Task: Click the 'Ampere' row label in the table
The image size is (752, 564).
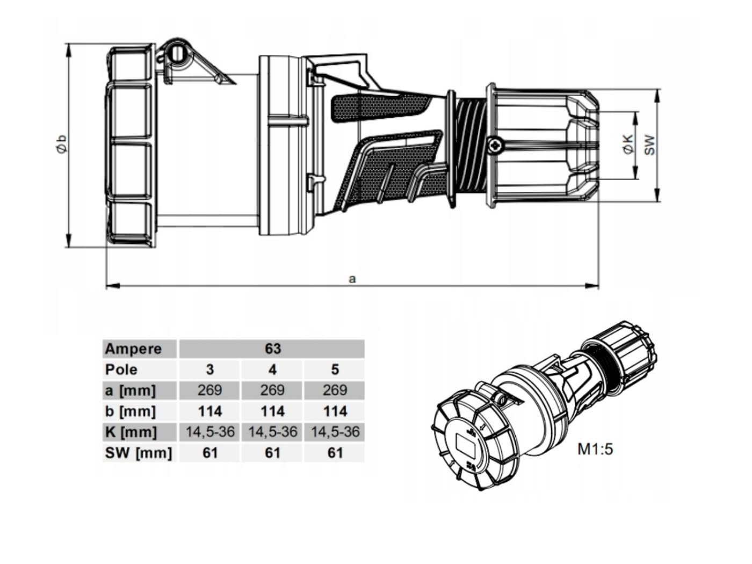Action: point(133,349)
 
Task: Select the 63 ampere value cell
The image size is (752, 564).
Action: point(273,349)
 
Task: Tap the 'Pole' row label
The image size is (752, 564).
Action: point(121,370)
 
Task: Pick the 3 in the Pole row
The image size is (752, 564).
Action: point(209,370)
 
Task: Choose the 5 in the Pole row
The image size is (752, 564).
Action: point(335,370)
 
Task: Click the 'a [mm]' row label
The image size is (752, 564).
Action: point(131,391)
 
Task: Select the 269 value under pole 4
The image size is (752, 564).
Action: point(272,391)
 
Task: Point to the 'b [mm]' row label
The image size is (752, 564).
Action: point(131,411)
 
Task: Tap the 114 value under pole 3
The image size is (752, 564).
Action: point(210,411)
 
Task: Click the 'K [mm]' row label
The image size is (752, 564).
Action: point(131,432)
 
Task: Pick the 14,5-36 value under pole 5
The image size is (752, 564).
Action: point(335,432)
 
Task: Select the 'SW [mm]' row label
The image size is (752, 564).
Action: point(139,453)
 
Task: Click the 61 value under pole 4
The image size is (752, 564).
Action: point(273,453)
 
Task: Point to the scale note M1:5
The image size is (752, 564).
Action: point(595,449)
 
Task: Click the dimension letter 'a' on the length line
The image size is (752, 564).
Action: point(352,279)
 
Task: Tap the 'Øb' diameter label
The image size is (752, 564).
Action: point(62,144)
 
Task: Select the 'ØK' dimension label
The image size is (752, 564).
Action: point(628,144)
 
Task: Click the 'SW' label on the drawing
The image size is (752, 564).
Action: point(649,145)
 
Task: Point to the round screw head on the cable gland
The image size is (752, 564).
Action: point(496,145)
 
